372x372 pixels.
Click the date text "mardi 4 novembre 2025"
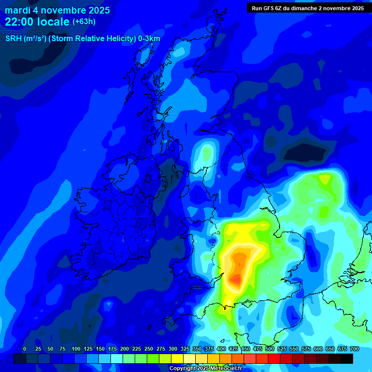(57, 10)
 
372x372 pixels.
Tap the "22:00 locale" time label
(37, 22)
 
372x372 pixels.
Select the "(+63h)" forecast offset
(84, 22)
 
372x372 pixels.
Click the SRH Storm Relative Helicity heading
(82, 39)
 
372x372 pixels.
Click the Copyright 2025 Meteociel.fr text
(205, 369)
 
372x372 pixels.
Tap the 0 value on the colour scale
(25, 349)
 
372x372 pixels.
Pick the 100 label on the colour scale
(76, 349)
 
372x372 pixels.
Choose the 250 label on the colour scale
(149, 349)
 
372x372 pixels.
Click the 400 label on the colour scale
(221, 349)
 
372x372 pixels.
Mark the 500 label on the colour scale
(270, 349)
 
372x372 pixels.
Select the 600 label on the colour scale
(318, 349)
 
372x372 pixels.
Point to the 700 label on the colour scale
(354, 349)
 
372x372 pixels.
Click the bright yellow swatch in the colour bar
(177, 359)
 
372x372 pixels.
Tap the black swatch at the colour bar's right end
(347, 359)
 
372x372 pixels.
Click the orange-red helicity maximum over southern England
(236, 279)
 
